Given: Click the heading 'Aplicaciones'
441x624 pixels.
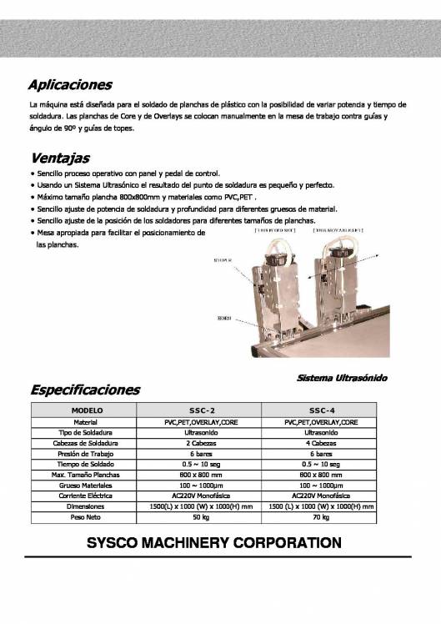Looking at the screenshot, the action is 69,84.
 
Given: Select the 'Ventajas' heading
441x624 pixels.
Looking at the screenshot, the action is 59,158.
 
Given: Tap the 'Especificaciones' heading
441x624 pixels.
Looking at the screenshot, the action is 85,390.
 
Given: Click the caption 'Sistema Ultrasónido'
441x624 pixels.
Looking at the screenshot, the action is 342,378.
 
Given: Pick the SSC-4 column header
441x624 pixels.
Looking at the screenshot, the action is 322,411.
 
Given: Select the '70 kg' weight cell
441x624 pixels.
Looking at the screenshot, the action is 322,517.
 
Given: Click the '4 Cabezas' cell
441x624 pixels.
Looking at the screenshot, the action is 322,443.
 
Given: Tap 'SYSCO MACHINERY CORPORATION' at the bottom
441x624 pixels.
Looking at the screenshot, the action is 214,542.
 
